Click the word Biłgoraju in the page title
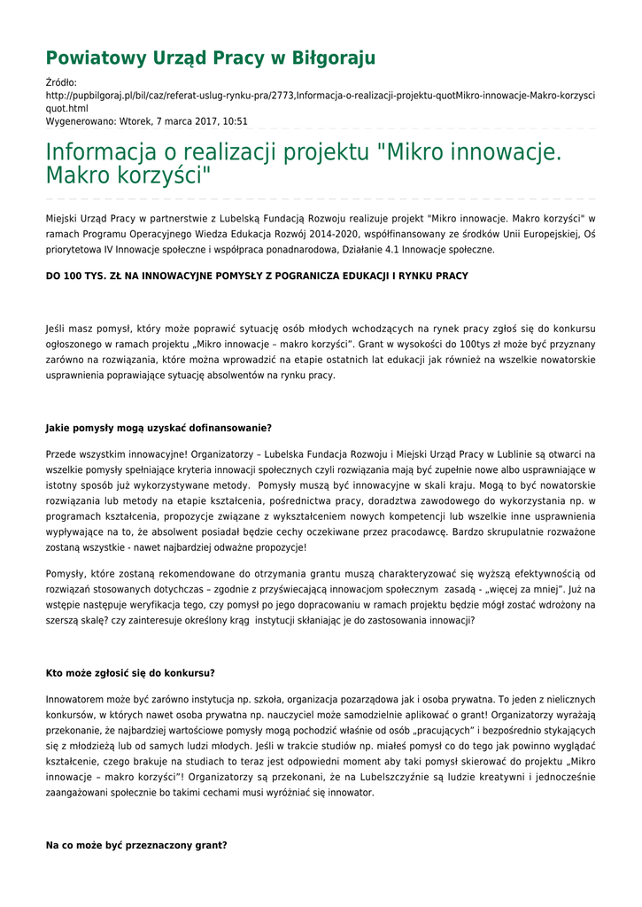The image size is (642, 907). tap(333, 58)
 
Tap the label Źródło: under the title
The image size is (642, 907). tap(62, 82)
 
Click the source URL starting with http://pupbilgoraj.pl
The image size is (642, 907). tap(320, 96)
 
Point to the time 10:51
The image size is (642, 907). tap(235, 121)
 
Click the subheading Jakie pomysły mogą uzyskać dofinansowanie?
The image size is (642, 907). tap(159, 429)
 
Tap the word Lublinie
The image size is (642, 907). tap(530, 454)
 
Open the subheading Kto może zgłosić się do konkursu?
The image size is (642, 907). tap(130, 673)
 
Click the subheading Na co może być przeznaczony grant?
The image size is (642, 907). tap(136, 846)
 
